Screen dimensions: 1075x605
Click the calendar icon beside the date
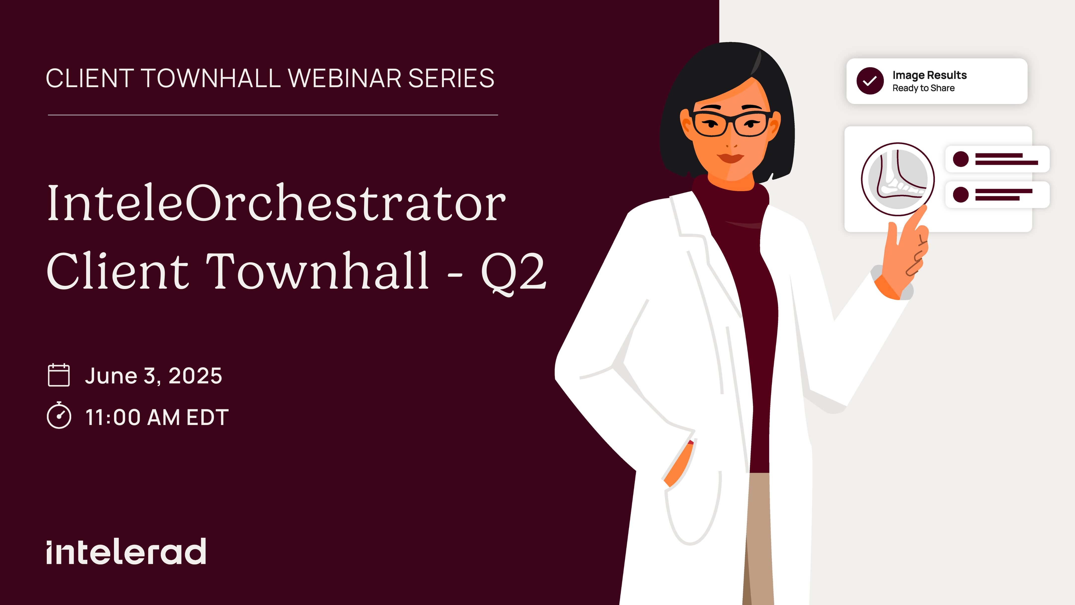pos(59,375)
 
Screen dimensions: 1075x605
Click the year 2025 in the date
pos(195,375)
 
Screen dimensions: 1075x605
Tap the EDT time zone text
pos(207,417)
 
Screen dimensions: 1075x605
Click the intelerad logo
pos(126,551)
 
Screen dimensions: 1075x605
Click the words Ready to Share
pos(923,88)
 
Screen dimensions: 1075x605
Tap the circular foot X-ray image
pos(898,179)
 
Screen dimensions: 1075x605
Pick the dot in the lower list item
pos(961,194)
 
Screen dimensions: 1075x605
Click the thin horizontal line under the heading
pos(273,115)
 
